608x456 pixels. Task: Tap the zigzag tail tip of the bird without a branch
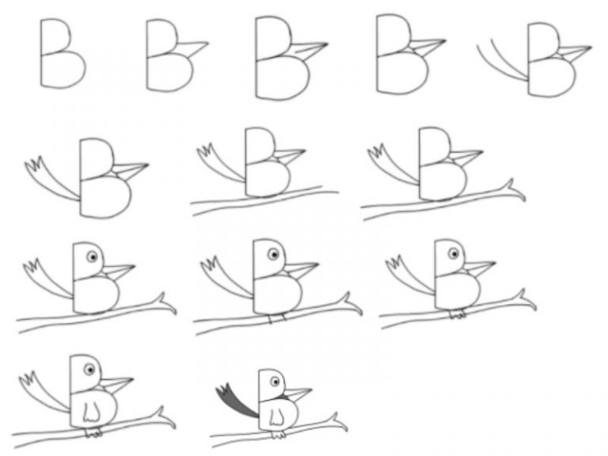coord(36,165)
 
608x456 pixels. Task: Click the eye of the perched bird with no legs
coord(92,256)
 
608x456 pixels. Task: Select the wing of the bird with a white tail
coord(93,410)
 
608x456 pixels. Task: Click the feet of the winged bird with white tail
coord(94,433)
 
